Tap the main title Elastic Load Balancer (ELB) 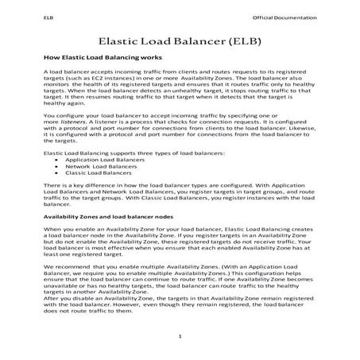coord(180,40)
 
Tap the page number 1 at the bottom coord(180,338)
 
